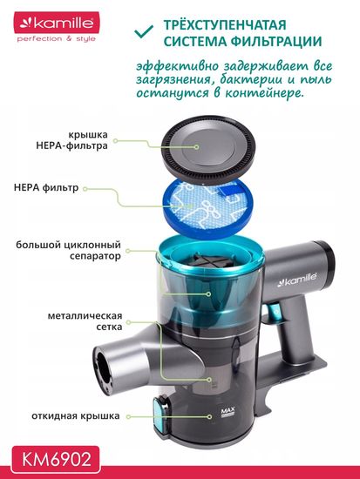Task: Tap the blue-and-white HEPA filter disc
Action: tap(209, 213)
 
